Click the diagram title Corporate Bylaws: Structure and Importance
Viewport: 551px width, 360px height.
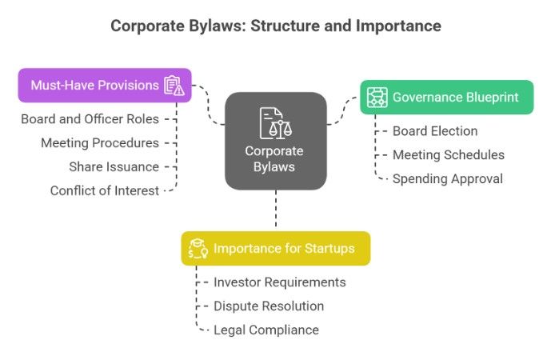point(275,26)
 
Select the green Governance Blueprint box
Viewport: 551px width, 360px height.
point(446,98)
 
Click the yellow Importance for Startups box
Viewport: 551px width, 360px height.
point(275,248)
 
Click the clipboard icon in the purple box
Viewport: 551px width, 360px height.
point(174,85)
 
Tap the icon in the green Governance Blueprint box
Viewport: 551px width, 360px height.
point(377,98)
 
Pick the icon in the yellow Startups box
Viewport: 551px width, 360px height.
point(197,249)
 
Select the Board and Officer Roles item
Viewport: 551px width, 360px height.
point(90,119)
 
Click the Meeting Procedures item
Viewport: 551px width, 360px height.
point(100,143)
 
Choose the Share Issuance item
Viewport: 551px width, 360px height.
point(114,166)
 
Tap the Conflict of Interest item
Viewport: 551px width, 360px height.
point(104,190)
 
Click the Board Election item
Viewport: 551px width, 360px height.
point(435,131)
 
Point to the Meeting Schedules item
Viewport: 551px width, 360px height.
point(448,154)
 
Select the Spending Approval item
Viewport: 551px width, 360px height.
point(447,178)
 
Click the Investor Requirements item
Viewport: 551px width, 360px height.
point(279,282)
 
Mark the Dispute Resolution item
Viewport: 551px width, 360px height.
point(269,306)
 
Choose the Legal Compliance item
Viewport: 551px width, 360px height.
point(266,330)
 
